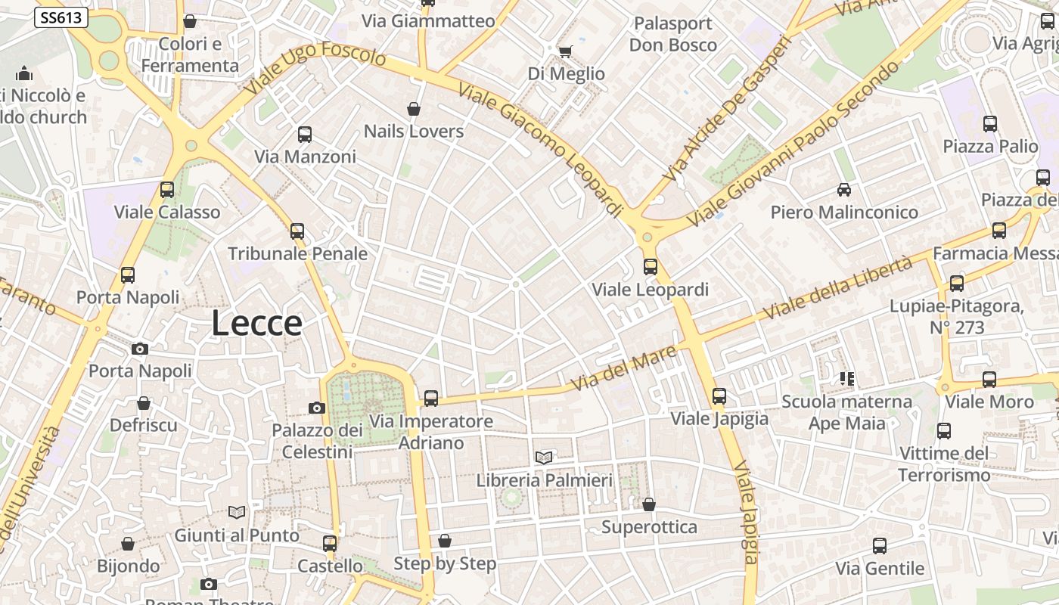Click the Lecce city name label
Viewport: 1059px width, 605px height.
[256, 324]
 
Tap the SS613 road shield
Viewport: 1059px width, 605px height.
[61, 17]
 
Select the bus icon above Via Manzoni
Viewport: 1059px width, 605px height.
[305, 135]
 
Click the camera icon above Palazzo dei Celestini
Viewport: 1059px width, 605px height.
[317, 408]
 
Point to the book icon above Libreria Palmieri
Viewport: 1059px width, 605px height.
[544, 457]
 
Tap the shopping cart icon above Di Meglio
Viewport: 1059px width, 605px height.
[565, 51]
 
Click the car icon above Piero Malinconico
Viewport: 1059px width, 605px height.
[844, 190]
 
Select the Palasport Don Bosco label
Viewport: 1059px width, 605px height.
[673, 34]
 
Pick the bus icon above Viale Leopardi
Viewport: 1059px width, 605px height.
[651, 267]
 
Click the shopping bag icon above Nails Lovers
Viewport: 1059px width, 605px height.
[414, 110]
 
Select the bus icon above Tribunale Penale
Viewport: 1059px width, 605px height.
[297, 231]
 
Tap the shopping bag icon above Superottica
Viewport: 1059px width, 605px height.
[649, 504]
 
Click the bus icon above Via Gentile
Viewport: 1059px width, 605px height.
[880, 546]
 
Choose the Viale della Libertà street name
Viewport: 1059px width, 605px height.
[838, 288]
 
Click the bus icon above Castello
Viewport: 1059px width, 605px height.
[330, 544]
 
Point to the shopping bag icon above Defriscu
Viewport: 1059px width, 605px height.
[144, 403]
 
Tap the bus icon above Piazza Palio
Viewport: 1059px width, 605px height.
[990, 124]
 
